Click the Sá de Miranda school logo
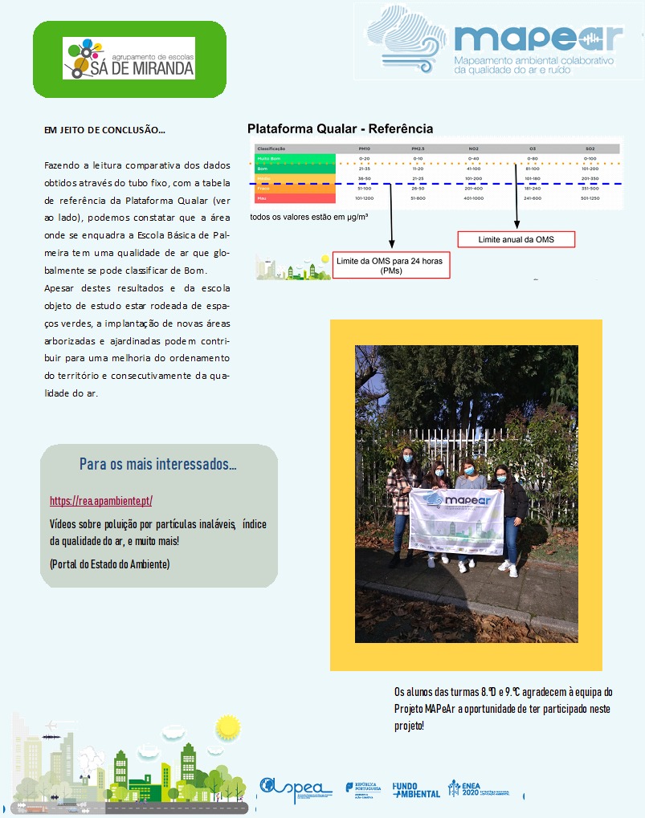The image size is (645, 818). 129,59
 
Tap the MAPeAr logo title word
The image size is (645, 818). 537,38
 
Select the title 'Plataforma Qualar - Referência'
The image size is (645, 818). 340,128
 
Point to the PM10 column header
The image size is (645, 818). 364,149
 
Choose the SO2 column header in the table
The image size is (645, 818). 590,149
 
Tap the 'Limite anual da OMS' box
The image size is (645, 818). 516,239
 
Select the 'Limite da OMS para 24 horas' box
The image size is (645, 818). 391,266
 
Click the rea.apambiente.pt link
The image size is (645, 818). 100,501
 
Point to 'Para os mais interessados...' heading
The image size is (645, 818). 158,465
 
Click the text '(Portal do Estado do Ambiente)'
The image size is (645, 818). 109,564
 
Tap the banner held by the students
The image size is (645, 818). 455,521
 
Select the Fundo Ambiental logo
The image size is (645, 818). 415,790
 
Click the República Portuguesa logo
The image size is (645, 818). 361,790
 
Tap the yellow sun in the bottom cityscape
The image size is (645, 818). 228,727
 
